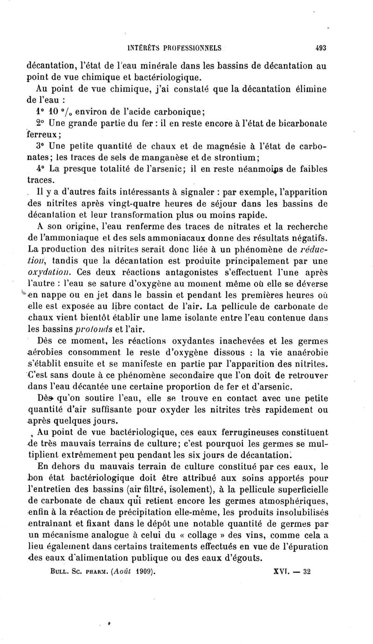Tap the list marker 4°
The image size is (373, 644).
pyautogui.click(x=42, y=168)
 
